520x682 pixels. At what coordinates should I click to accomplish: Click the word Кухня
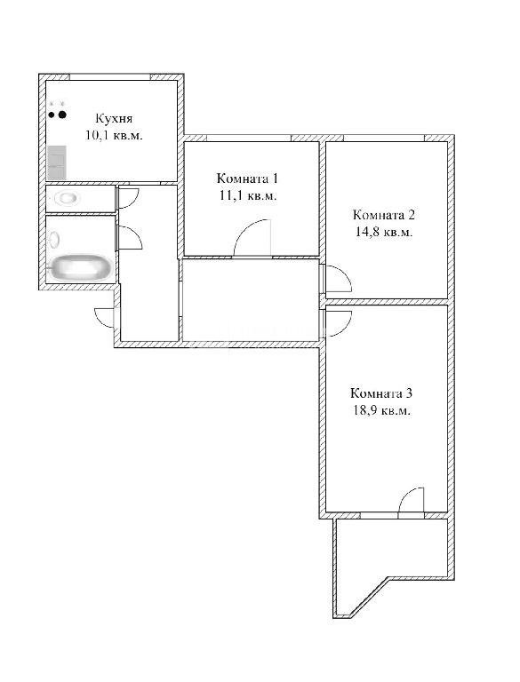pos(114,119)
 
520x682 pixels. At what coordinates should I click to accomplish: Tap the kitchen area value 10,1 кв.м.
pos(114,135)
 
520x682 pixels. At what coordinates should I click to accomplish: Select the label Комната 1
pos(247,178)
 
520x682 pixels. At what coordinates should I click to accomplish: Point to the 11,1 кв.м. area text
pos(248,195)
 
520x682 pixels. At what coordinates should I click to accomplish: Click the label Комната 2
pos(384,215)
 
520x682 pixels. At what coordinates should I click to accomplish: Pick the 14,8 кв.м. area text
pos(384,232)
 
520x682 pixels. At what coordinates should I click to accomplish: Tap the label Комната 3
pos(381,393)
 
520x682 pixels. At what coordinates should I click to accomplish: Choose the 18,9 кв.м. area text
pos(381,410)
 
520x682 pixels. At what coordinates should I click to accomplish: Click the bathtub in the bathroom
pos(81,267)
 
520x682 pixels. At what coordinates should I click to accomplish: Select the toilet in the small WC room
pos(66,199)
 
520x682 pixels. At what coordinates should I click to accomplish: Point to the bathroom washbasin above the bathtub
pos(54,240)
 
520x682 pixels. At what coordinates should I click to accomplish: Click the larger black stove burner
pos(62,115)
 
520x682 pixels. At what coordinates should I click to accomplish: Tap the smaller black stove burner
pos(52,115)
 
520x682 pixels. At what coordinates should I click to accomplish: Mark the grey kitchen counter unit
pos(57,163)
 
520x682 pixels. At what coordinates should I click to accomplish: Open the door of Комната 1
pos(252,237)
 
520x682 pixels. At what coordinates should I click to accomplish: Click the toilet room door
pos(128,198)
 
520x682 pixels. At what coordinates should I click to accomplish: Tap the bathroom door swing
pos(130,238)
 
